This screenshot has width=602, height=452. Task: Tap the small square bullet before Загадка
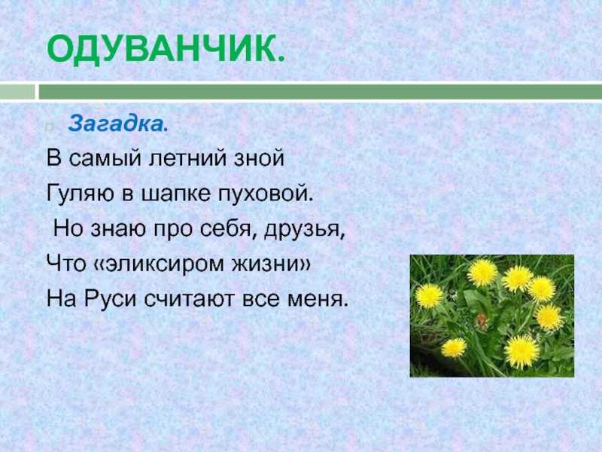(x=48, y=127)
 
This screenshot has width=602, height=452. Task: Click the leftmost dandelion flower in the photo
(x=429, y=296)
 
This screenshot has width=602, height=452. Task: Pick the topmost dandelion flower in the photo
(x=482, y=273)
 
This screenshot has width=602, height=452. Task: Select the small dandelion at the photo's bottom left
(x=454, y=347)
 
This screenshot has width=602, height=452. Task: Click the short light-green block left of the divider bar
(x=17, y=92)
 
